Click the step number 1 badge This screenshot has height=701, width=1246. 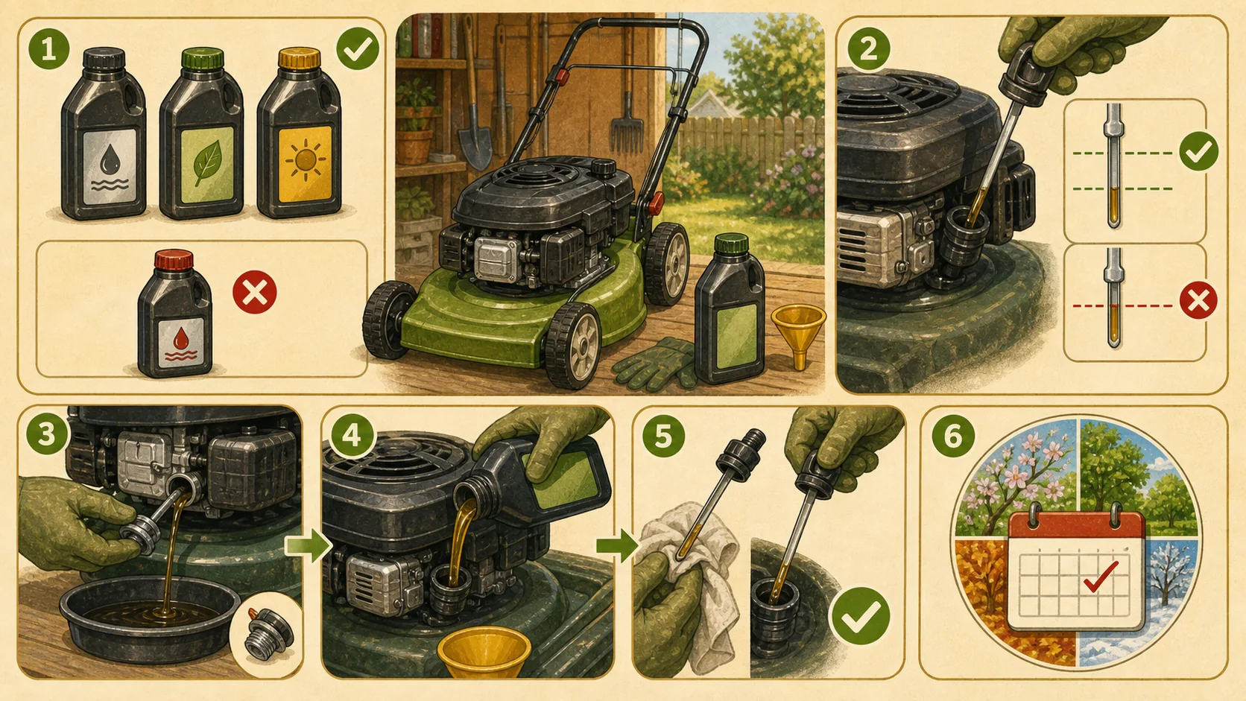tap(49, 49)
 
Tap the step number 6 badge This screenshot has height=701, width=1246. tap(953, 436)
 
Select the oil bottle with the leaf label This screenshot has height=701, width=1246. tap(201, 133)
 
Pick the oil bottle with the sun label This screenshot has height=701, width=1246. tap(300, 133)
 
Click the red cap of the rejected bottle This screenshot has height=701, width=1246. tap(174, 260)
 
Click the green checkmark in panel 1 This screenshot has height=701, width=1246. tap(358, 49)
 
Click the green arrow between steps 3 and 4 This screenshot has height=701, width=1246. tap(308, 545)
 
